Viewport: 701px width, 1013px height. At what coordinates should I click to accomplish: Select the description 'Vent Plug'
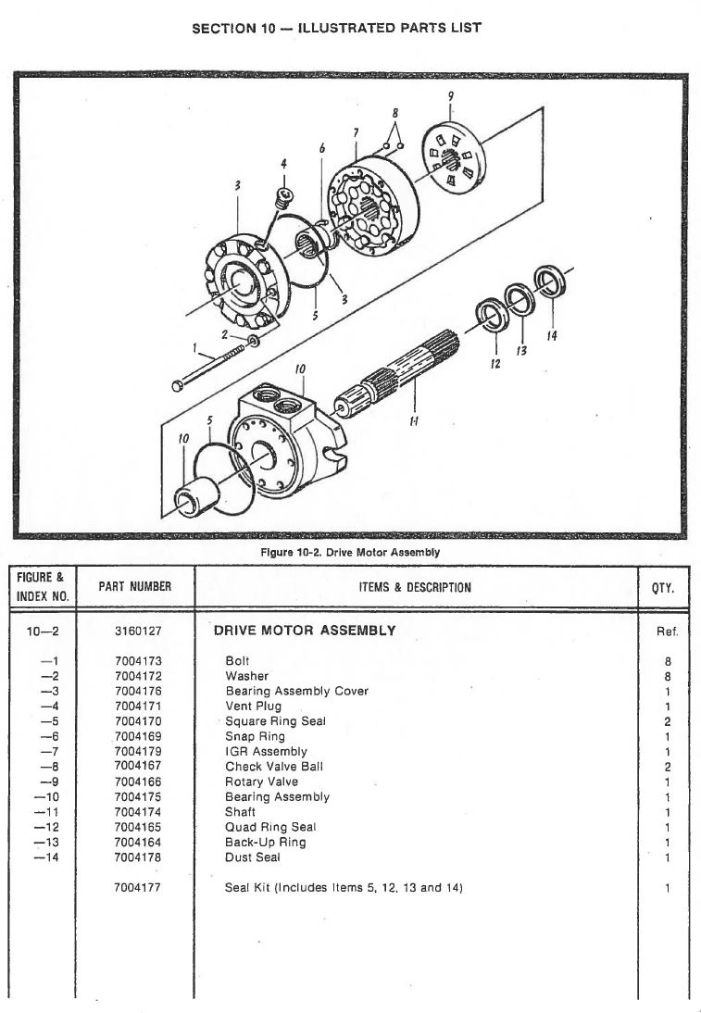(x=253, y=707)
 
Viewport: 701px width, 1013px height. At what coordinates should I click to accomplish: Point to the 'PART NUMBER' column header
(x=134, y=587)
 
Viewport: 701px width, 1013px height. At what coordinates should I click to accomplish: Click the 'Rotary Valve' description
(x=262, y=782)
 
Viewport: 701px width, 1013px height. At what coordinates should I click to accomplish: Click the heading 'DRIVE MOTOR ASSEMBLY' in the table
(x=305, y=631)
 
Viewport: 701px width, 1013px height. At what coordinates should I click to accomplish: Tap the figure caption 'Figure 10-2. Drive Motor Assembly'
(x=350, y=553)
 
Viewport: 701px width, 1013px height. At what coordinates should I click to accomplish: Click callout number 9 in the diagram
(x=451, y=96)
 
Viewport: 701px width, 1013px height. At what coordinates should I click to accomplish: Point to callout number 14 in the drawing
(x=552, y=335)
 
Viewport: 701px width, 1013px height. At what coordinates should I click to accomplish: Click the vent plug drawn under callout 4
(x=284, y=196)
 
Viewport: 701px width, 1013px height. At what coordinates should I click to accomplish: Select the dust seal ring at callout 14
(x=548, y=282)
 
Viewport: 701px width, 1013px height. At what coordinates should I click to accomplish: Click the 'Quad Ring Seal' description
(x=270, y=827)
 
